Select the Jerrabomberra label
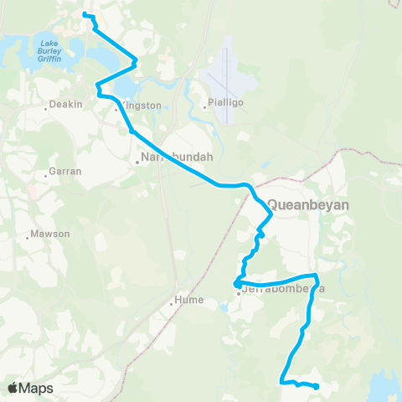(x=281, y=289)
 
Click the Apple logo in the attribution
(x=13, y=388)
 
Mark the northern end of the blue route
(x=85, y=14)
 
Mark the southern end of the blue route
(x=317, y=386)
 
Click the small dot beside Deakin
(x=45, y=109)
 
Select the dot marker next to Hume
(x=172, y=303)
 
